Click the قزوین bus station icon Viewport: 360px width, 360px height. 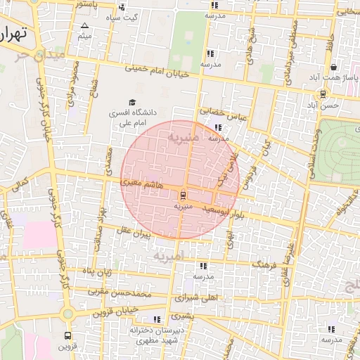[67, 335]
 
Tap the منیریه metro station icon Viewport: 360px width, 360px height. [183, 194]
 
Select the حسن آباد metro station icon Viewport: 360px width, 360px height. [323, 94]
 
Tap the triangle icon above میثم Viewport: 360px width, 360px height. [84, 25]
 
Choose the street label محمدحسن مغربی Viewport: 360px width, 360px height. [120, 292]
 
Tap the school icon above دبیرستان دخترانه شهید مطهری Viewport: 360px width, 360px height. [156, 319]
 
